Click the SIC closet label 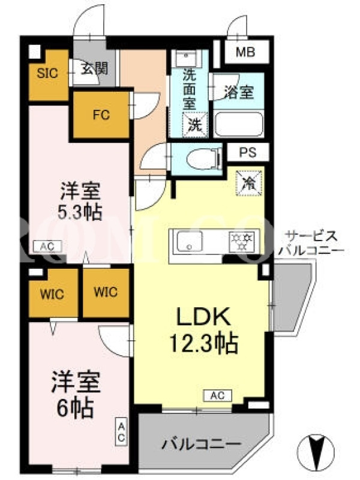(47, 73)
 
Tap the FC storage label (101, 115)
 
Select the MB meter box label (245, 52)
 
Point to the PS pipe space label (248, 152)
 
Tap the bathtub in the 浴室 (239, 125)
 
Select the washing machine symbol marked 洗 (196, 125)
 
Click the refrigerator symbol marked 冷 (249, 184)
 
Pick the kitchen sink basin (190, 242)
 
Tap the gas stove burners (242, 241)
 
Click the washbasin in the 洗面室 (186, 59)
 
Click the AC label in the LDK (218, 395)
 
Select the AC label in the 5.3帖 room (47, 246)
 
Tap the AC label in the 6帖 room (121, 431)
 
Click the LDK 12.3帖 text (203, 329)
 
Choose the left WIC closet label (52, 295)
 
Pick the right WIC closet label (106, 292)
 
